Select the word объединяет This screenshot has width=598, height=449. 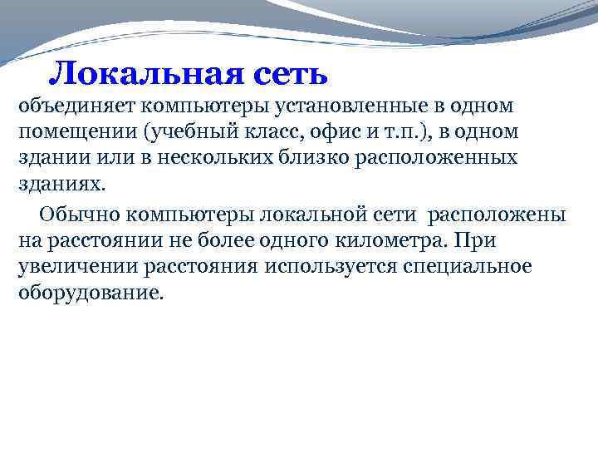[69, 107]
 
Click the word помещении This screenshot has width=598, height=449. [70, 133]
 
